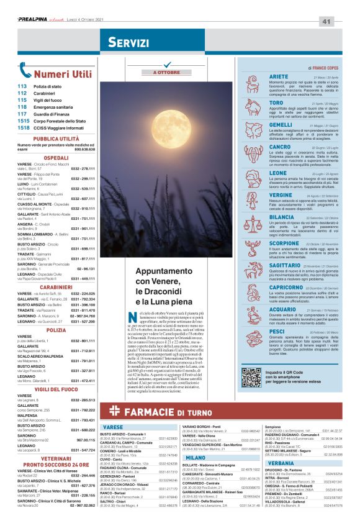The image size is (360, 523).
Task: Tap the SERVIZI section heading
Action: pos(127,42)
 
